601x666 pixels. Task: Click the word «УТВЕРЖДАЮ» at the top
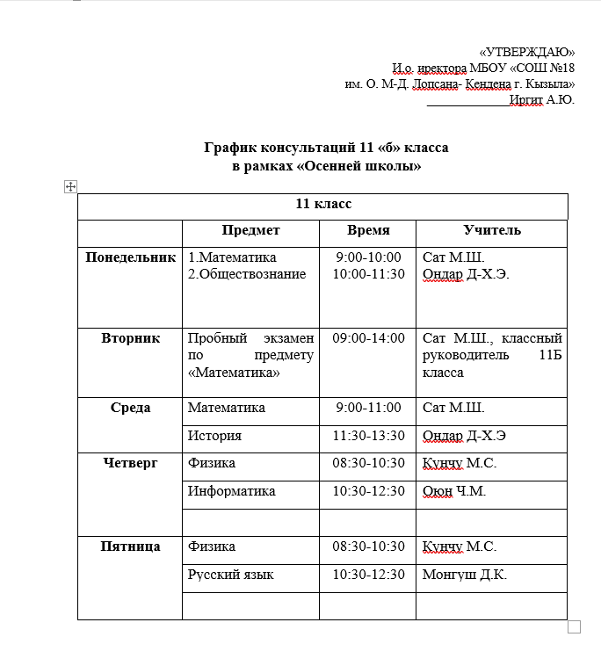527,52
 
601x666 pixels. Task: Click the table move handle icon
71,186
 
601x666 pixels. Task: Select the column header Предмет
250,230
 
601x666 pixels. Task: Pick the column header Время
368,230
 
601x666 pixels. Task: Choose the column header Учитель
492,230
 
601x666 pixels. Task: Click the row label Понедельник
129,257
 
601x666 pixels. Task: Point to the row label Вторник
130,338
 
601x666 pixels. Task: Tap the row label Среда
130,408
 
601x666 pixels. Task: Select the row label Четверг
130,463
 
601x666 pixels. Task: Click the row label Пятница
130,547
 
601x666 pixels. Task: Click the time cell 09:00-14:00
368,338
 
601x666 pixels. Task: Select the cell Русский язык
230,575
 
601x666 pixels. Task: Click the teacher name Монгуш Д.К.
465,575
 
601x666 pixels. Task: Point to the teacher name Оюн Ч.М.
453,491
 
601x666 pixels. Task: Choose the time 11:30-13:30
368,436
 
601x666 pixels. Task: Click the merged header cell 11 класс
323,204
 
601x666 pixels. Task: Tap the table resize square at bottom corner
575,626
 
